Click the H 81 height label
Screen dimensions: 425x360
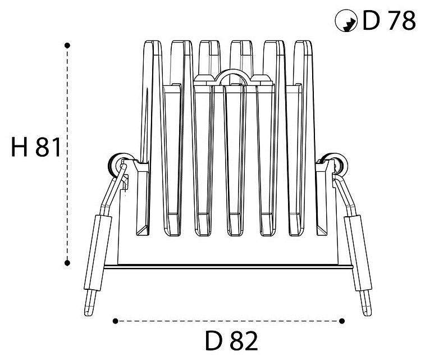click(x=36, y=147)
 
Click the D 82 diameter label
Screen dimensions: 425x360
click(x=231, y=340)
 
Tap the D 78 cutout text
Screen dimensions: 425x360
click(x=389, y=20)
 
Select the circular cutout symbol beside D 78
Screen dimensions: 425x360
click(x=346, y=21)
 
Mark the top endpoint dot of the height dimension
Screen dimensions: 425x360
click(x=67, y=45)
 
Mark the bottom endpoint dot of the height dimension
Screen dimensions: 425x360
click(x=67, y=263)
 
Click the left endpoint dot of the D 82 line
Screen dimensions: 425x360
click(x=116, y=321)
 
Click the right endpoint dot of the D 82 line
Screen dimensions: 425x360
click(x=342, y=321)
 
